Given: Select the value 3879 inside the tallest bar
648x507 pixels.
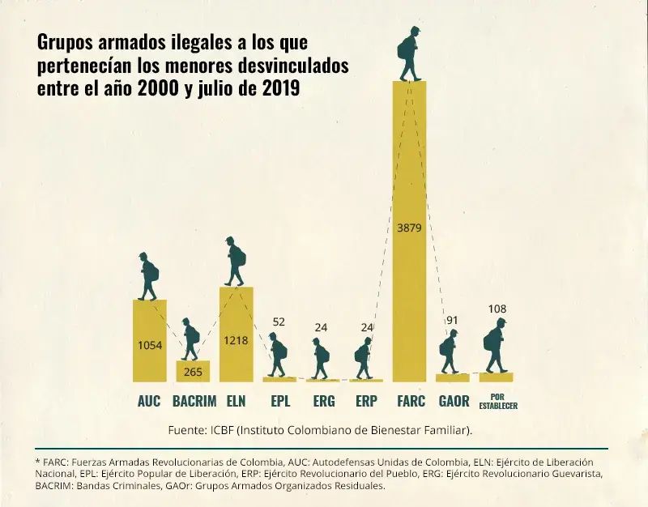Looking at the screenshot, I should pyautogui.click(x=410, y=228).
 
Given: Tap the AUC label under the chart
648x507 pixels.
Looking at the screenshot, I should pyautogui.click(x=149, y=401).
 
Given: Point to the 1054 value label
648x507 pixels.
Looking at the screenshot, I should pyautogui.click(x=149, y=346).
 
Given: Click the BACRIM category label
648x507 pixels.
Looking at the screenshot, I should pyautogui.click(x=193, y=401).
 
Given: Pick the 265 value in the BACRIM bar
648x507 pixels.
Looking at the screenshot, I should pyautogui.click(x=193, y=372).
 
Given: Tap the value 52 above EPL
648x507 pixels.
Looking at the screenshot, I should pyautogui.click(x=279, y=322).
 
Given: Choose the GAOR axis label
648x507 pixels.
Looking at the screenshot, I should pyautogui.click(x=454, y=401).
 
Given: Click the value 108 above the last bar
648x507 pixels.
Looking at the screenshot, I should pyautogui.click(x=497, y=309).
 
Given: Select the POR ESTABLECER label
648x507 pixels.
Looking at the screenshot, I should pyautogui.click(x=497, y=402).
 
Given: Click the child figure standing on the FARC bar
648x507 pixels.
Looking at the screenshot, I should pyautogui.click(x=410, y=54).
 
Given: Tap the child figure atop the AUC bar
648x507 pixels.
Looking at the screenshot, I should pyautogui.click(x=148, y=276).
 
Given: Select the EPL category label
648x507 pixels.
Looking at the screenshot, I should pyautogui.click(x=279, y=401).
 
